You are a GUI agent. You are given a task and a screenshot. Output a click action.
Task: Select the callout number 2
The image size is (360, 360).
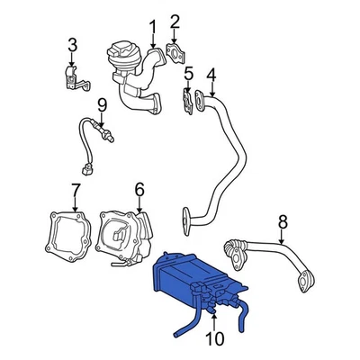click(x=175, y=21)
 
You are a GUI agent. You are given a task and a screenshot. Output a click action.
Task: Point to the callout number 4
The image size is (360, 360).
click(x=211, y=74)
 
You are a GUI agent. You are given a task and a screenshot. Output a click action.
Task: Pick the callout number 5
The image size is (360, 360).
click(x=188, y=73)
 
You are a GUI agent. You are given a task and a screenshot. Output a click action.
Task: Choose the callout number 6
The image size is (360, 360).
click(x=139, y=189)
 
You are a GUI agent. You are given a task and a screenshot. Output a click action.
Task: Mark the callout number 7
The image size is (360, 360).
click(x=76, y=190)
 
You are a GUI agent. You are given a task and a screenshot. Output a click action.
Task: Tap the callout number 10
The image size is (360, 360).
click(x=214, y=338)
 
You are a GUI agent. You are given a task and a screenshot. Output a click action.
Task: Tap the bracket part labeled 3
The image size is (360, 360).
click(x=76, y=76)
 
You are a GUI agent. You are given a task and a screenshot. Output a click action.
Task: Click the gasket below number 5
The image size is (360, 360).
click(x=189, y=101)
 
